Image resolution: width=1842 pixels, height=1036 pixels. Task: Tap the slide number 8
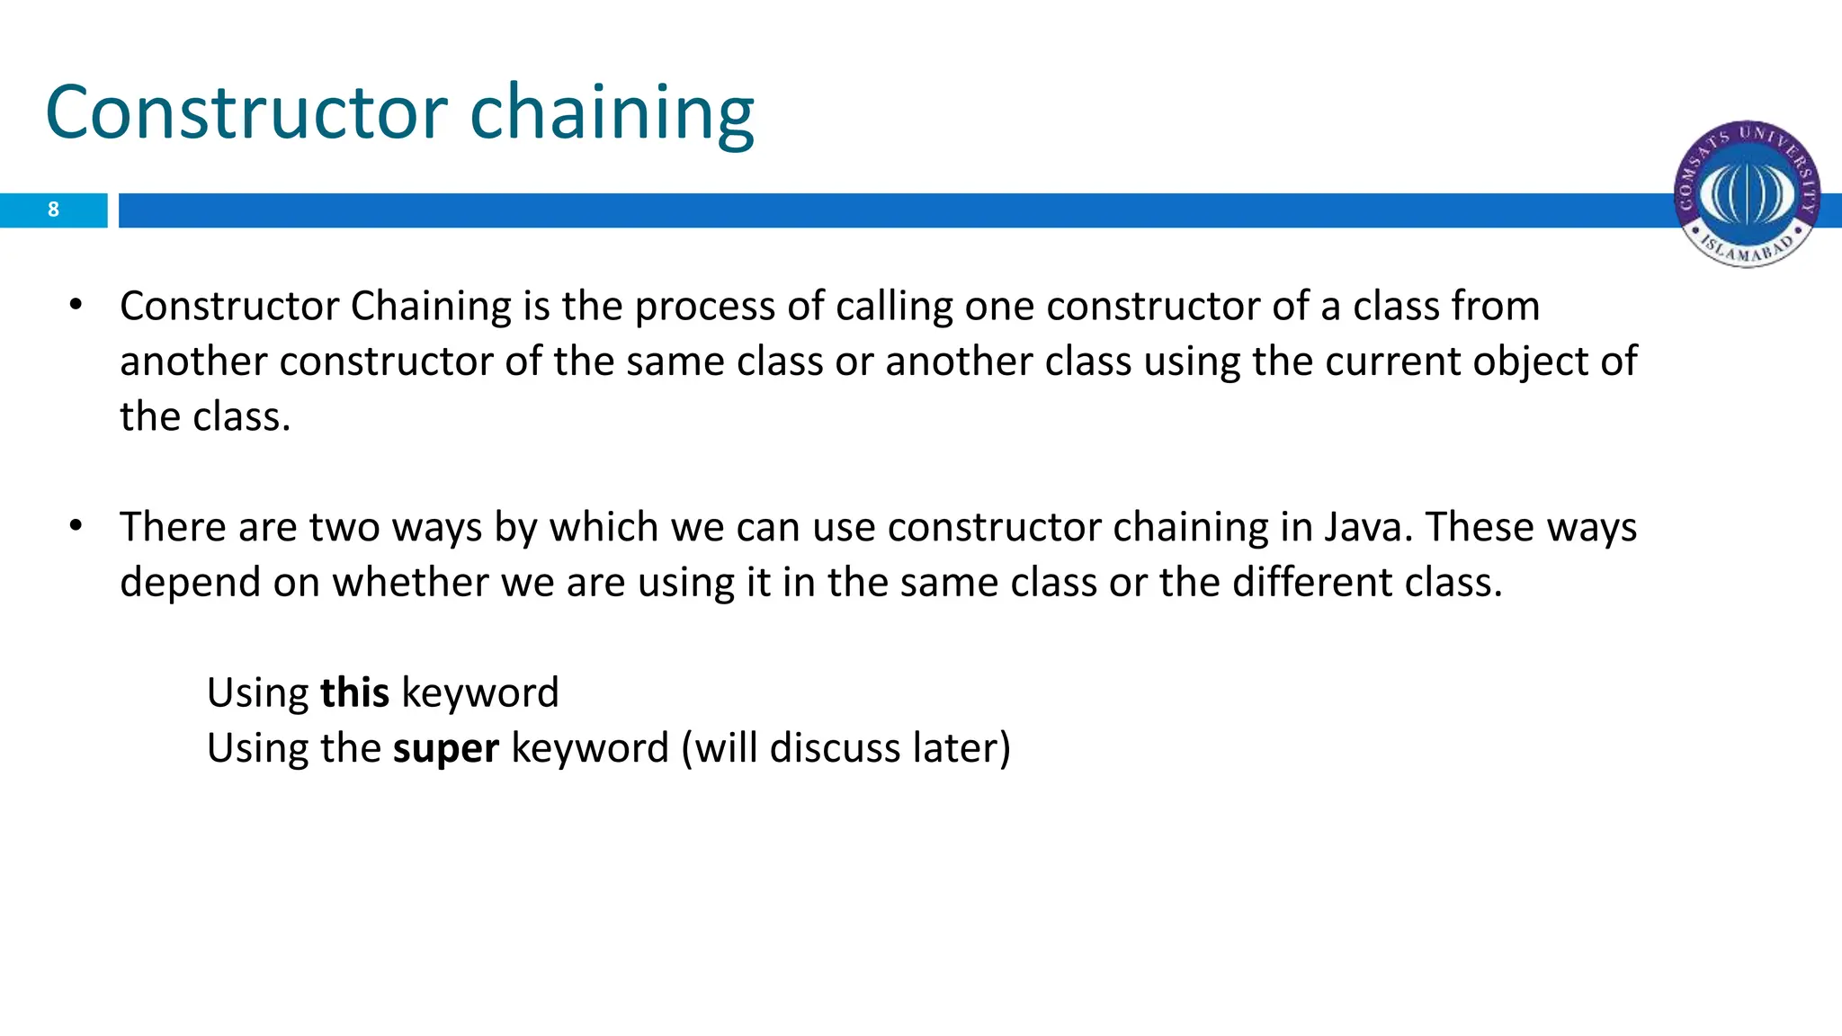point(53,210)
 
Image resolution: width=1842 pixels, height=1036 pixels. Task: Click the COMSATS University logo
point(1746,194)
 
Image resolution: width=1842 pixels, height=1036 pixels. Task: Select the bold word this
point(354,692)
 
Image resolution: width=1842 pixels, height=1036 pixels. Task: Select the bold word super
point(446,748)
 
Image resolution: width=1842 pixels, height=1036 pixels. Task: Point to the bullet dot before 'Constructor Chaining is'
point(76,305)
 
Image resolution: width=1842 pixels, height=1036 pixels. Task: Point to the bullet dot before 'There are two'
point(76,525)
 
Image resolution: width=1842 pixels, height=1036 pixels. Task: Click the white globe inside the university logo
point(1746,191)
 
